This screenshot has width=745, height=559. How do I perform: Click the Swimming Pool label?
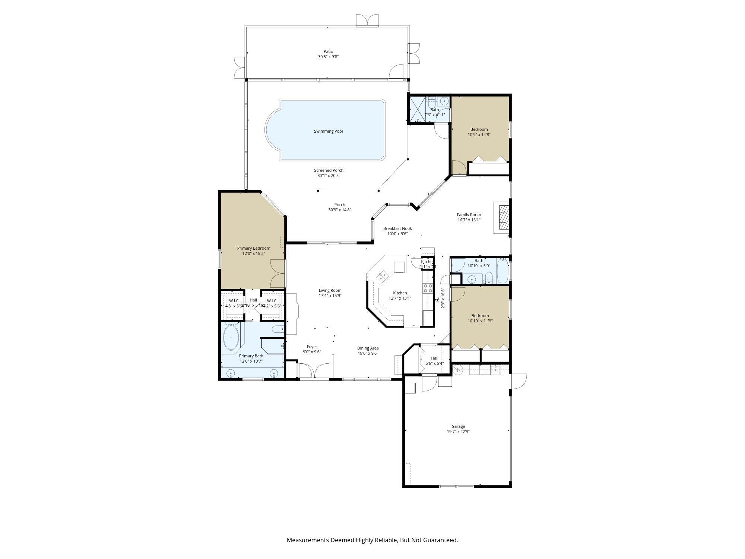click(328, 131)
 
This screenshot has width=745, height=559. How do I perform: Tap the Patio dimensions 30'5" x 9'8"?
click(328, 57)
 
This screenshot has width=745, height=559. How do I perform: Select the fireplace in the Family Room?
click(503, 217)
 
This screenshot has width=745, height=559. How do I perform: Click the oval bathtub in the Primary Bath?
click(231, 338)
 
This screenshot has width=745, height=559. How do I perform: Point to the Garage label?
click(458, 426)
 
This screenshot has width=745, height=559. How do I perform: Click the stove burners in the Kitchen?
click(428, 288)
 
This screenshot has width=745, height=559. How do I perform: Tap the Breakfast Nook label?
click(397, 228)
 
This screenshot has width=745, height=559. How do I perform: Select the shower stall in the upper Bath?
click(417, 110)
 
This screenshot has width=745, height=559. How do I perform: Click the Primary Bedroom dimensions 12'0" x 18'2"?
click(253, 253)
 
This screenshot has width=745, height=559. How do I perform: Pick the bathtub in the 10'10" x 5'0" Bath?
click(503, 271)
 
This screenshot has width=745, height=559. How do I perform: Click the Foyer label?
click(312, 347)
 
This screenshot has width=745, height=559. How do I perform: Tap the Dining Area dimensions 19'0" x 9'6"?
click(368, 353)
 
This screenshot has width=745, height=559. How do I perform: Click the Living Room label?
click(330, 290)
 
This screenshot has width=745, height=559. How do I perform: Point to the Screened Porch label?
click(328, 170)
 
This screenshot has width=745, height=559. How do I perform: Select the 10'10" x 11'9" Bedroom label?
click(480, 316)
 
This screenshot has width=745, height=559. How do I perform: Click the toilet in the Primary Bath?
click(278, 329)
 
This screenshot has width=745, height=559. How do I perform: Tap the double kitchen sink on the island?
click(383, 277)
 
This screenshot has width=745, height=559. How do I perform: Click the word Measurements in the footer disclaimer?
click(308, 540)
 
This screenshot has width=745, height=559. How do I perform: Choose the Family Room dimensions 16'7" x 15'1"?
click(469, 220)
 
